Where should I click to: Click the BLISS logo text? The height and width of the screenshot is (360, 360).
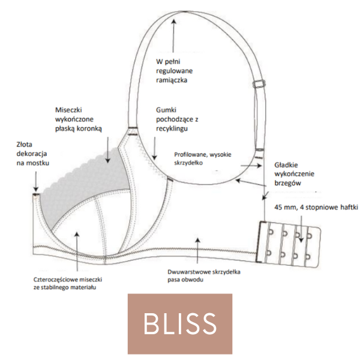pyautogui.click(x=179, y=323)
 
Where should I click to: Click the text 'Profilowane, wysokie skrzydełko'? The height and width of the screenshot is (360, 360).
pyautogui.click(x=205, y=157)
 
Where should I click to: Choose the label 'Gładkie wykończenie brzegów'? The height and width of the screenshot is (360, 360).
pyautogui.click(x=295, y=173)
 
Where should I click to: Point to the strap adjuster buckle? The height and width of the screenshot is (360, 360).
pyautogui.click(x=260, y=85)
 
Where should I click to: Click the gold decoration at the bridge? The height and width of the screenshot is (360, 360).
pyautogui.click(x=35, y=194)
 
